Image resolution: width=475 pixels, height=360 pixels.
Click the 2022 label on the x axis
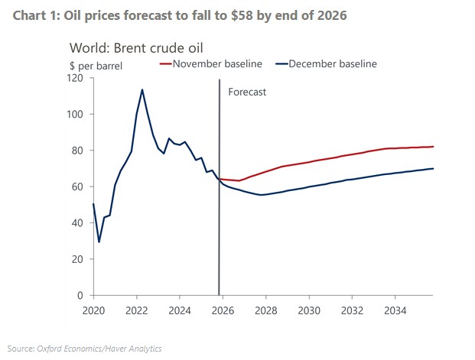[x=135, y=312]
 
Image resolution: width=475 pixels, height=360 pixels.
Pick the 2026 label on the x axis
[x=223, y=312]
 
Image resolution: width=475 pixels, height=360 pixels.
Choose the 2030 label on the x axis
[x=309, y=312]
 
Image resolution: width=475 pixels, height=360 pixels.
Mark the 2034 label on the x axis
[x=395, y=312]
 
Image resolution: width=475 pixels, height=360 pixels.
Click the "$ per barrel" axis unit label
[x=96, y=66]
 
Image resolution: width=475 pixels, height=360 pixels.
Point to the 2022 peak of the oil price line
[x=142, y=89]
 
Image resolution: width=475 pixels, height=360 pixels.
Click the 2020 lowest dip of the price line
[x=99, y=242]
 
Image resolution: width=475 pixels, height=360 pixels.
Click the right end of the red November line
[x=433, y=147]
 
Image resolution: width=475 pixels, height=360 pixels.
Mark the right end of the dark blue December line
[x=433, y=168]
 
